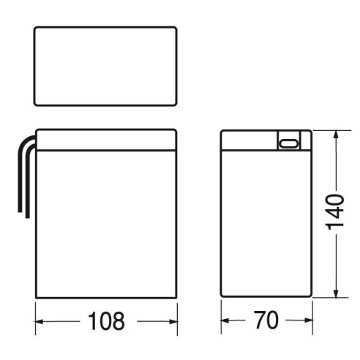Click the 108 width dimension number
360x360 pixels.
pyautogui.click(x=106, y=320)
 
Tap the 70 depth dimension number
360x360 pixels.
pyautogui.click(x=266, y=320)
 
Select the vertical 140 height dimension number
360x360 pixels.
pyautogui.click(x=335, y=212)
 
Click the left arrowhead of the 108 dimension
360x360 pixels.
pyautogui.click(x=39, y=322)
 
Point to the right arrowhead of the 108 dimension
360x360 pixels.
pyautogui.click(x=173, y=322)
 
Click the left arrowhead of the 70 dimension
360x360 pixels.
pyautogui.click(x=225, y=320)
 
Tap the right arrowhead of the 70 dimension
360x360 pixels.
pyautogui.click(x=309, y=320)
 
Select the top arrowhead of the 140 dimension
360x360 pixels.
pyautogui.click(x=336, y=135)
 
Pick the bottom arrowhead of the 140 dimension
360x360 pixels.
pyautogui.click(x=336, y=293)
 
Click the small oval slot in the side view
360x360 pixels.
pyautogui.click(x=288, y=143)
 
